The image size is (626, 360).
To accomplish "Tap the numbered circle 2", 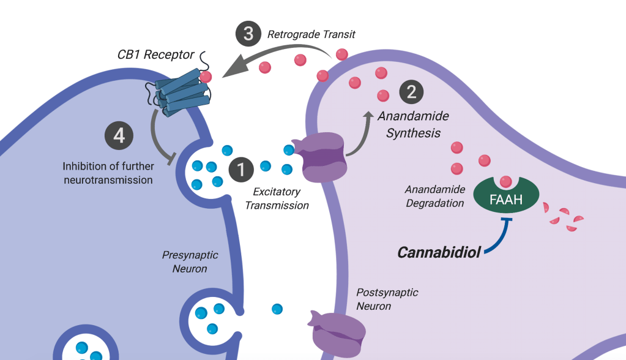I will point(411,92).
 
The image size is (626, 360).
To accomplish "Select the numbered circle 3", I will point(248,34).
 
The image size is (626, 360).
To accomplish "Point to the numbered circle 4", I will point(119,135).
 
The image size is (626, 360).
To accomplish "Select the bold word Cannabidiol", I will point(439,252).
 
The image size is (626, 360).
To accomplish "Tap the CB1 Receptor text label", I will point(155,55).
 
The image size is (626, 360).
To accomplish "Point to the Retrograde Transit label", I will point(311,34).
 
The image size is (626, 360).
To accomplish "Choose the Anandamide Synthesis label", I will point(413,124).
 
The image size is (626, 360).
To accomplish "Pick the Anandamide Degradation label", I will point(434,196).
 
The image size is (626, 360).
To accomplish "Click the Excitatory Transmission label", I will point(277,200).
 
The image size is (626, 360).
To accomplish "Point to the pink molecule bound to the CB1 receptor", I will point(206,77).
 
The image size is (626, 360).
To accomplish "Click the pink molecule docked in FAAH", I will point(505,181).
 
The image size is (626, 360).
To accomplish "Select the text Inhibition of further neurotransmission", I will point(107,173).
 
